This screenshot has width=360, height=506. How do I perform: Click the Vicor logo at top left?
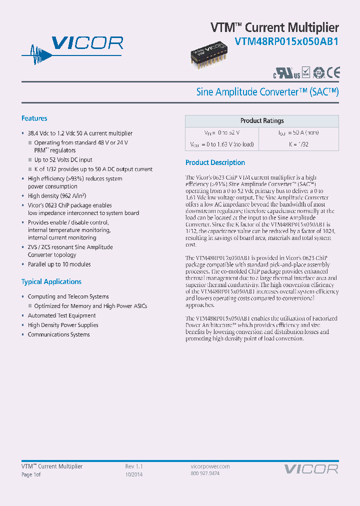pyautogui.click(x=72, y=48)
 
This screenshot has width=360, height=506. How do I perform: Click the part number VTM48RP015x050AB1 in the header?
pyautogui.click(x=286, y=42)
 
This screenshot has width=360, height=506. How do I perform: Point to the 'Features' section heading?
pyautogui.click(x=34, y=118)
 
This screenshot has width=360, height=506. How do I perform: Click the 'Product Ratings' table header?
pyautogui.click(x=262, y=121)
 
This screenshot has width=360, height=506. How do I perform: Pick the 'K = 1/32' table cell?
pyautogui.click(x=298, y=144)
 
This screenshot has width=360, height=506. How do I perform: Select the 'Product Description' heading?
pyautogui.click(x=215, y=162)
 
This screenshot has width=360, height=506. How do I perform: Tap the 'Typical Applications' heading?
pyautogui.click(x=51, y=281)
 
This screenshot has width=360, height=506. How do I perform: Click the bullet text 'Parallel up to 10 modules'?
pyautogui.click(x=59, y=264)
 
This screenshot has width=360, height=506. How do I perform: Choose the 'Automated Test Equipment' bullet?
pyautogui.click(x=62, y=315)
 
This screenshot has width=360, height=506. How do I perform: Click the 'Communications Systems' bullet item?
pyautogui.click(x=59, y=334)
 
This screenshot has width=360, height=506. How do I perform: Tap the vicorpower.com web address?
pyautogui.click(x=210, y=466)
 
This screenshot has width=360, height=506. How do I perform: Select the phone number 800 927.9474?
pyautogui.click(x=205, y=473)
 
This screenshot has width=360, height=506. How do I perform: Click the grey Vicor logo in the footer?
pyautogui.click(x=311, y=469)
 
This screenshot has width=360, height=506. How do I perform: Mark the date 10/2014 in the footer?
pyautogui.click(x=133, y=474)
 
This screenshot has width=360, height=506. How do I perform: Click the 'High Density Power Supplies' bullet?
pyautogui.click(x=63, y=325)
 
